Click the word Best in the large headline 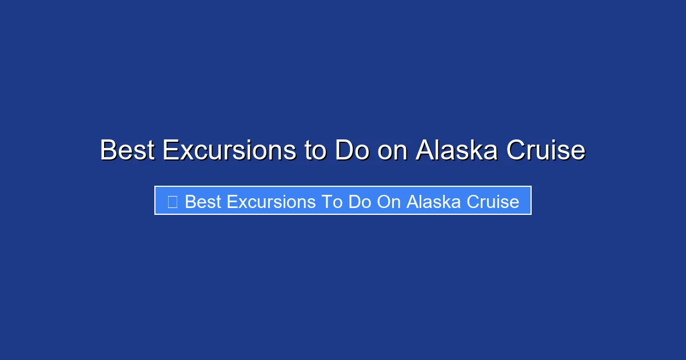tap(127, 151)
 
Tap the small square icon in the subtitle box tap(172, 201)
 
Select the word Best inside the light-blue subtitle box tap(203, 202)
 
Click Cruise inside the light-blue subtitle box tap(493, 202)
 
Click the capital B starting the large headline tap(109, 151)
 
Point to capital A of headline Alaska tap(425, 151)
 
